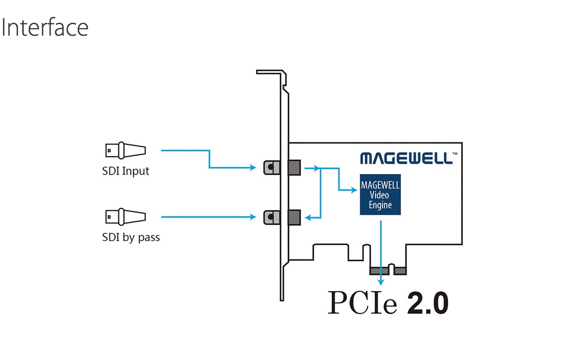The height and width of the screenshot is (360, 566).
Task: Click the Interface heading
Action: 45,28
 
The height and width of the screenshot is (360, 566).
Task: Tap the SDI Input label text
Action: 125,171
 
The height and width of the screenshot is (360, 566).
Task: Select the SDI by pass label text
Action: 131,238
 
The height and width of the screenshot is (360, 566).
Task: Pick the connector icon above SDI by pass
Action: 125,216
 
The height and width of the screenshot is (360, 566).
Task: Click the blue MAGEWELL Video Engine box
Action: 380,194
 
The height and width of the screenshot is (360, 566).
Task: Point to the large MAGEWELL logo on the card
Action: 406,158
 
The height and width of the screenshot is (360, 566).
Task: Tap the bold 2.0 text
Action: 428,303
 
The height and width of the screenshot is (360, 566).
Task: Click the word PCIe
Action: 362,303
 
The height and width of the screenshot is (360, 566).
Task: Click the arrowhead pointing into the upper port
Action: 253,168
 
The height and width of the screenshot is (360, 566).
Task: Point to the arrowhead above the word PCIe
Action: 381,281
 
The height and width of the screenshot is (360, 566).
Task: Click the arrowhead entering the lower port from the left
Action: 253,217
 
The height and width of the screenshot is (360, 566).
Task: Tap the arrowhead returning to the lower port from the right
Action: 308,217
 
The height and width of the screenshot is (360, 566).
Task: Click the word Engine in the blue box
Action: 380,205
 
